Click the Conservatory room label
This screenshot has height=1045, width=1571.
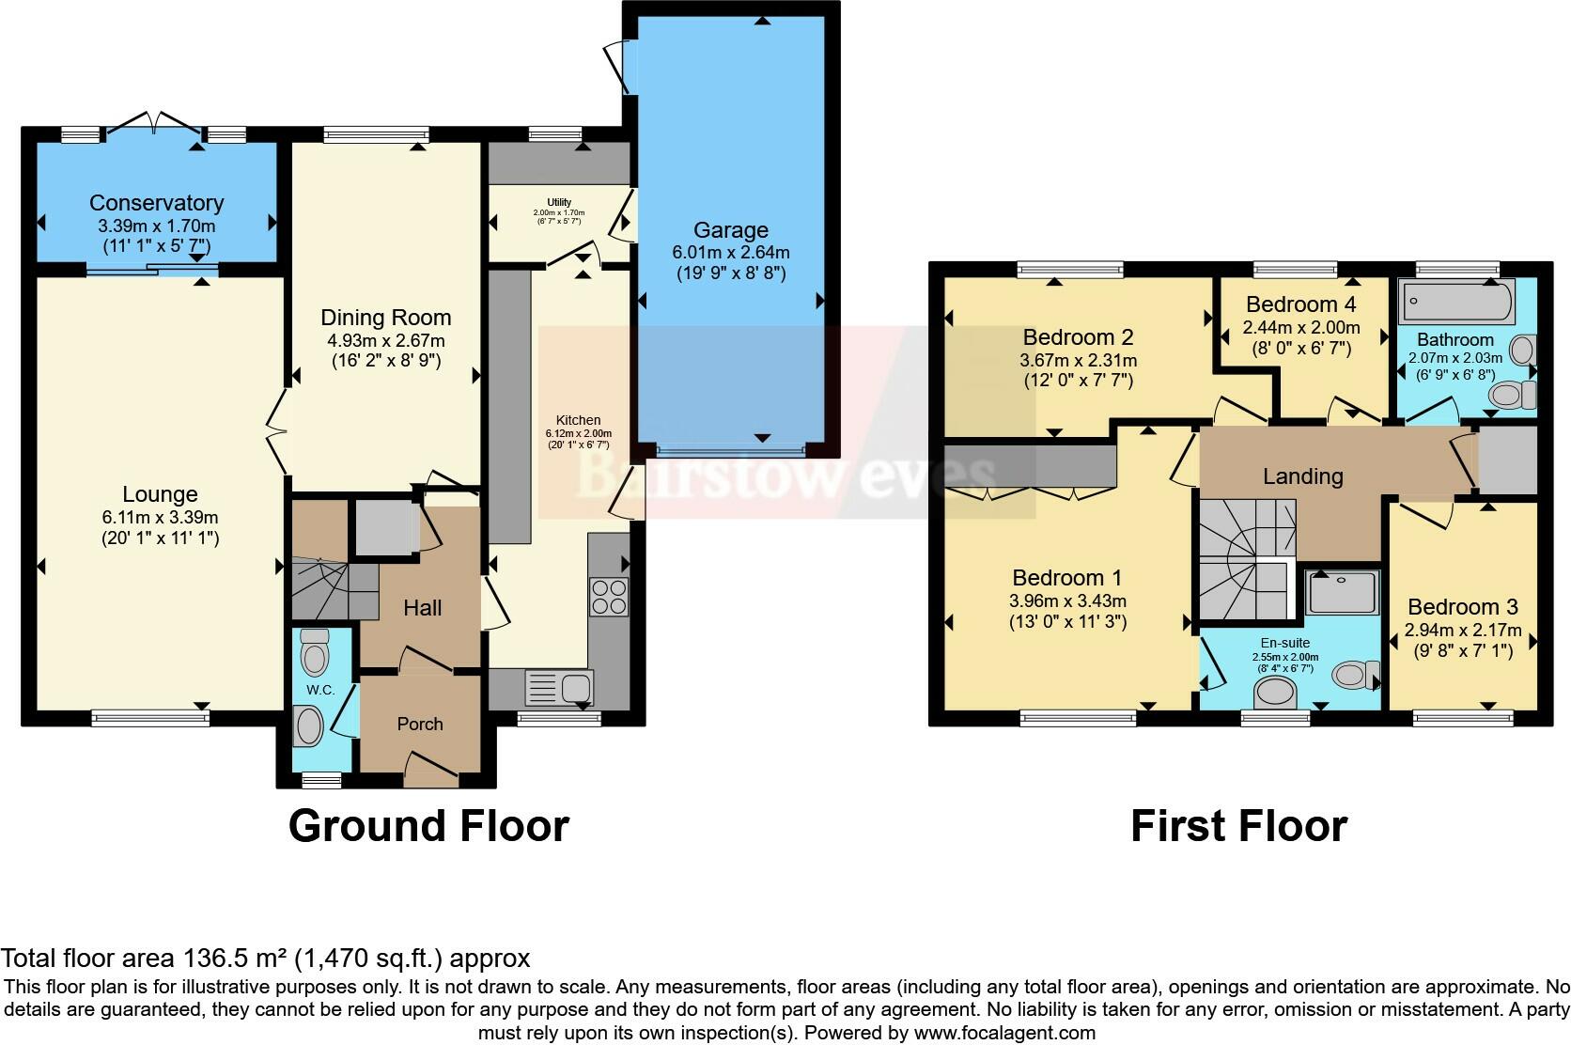pos(156,203)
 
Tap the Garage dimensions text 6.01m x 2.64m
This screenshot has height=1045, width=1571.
pos(731,253)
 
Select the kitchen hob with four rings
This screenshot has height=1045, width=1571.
pos(609,596)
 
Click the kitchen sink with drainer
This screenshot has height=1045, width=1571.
pos(559,687)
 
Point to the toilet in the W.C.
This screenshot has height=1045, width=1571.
pos(314,652)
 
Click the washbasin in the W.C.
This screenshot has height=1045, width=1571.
pos(308,725)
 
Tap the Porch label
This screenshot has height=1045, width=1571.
pos(420,724)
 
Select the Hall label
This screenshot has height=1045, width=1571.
pos(422,607)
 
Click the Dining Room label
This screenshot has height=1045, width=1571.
pos(386,318)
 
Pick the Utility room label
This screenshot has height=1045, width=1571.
pos(559,202)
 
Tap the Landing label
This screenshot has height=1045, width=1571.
pos(1303,476)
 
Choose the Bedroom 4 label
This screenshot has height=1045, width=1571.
pos(1301,304)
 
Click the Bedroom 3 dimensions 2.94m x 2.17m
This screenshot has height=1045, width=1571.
pos(1463,631)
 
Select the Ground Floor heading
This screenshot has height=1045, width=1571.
pos(428,826)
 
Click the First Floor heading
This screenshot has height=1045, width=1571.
pos(1238,826)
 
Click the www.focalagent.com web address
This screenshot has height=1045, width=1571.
pos(1004,1033)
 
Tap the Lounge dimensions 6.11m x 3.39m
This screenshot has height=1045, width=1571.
pos(160,518)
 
